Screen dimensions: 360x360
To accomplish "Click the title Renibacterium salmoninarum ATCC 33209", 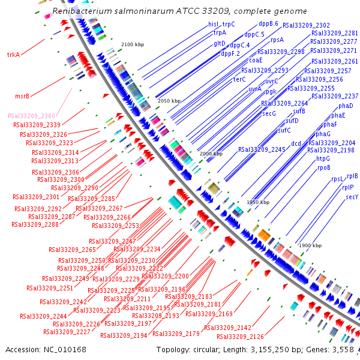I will [179, 11].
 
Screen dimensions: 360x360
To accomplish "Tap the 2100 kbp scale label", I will [133, 45].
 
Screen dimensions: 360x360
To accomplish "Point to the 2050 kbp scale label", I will [169, 101].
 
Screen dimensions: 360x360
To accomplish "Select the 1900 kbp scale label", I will [310, 245].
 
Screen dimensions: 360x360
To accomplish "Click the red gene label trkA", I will [13, 55].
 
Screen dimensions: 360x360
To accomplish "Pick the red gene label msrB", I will [22, 95].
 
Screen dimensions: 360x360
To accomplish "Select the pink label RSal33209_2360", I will [31, 115].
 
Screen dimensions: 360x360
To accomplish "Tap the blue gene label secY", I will [352, 197].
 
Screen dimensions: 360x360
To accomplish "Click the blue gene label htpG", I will [323, 158].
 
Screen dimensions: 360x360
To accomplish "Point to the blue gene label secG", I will [269, 113].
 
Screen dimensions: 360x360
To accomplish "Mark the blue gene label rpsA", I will [277, 40].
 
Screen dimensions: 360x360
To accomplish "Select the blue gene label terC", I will [239, 79].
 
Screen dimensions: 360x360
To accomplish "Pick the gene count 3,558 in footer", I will [345, 349].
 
